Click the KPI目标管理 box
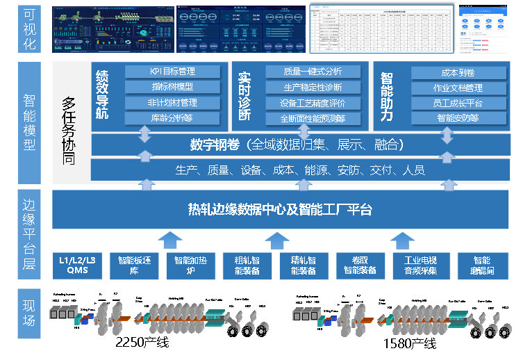(x=173, y=72)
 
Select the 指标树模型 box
(x=173, y=87)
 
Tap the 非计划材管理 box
(x=173, y=103)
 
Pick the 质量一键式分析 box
(x=313, y=72)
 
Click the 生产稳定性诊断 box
(x=313, y=88)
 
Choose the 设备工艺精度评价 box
(x=313, y=103)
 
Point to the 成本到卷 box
(x=458, y=72)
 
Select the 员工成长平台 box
(x=458, y=103)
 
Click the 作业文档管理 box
(x=458, y=88)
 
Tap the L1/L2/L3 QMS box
(x=77, y=265)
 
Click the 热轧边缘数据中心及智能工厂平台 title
(x=281, y=209)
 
